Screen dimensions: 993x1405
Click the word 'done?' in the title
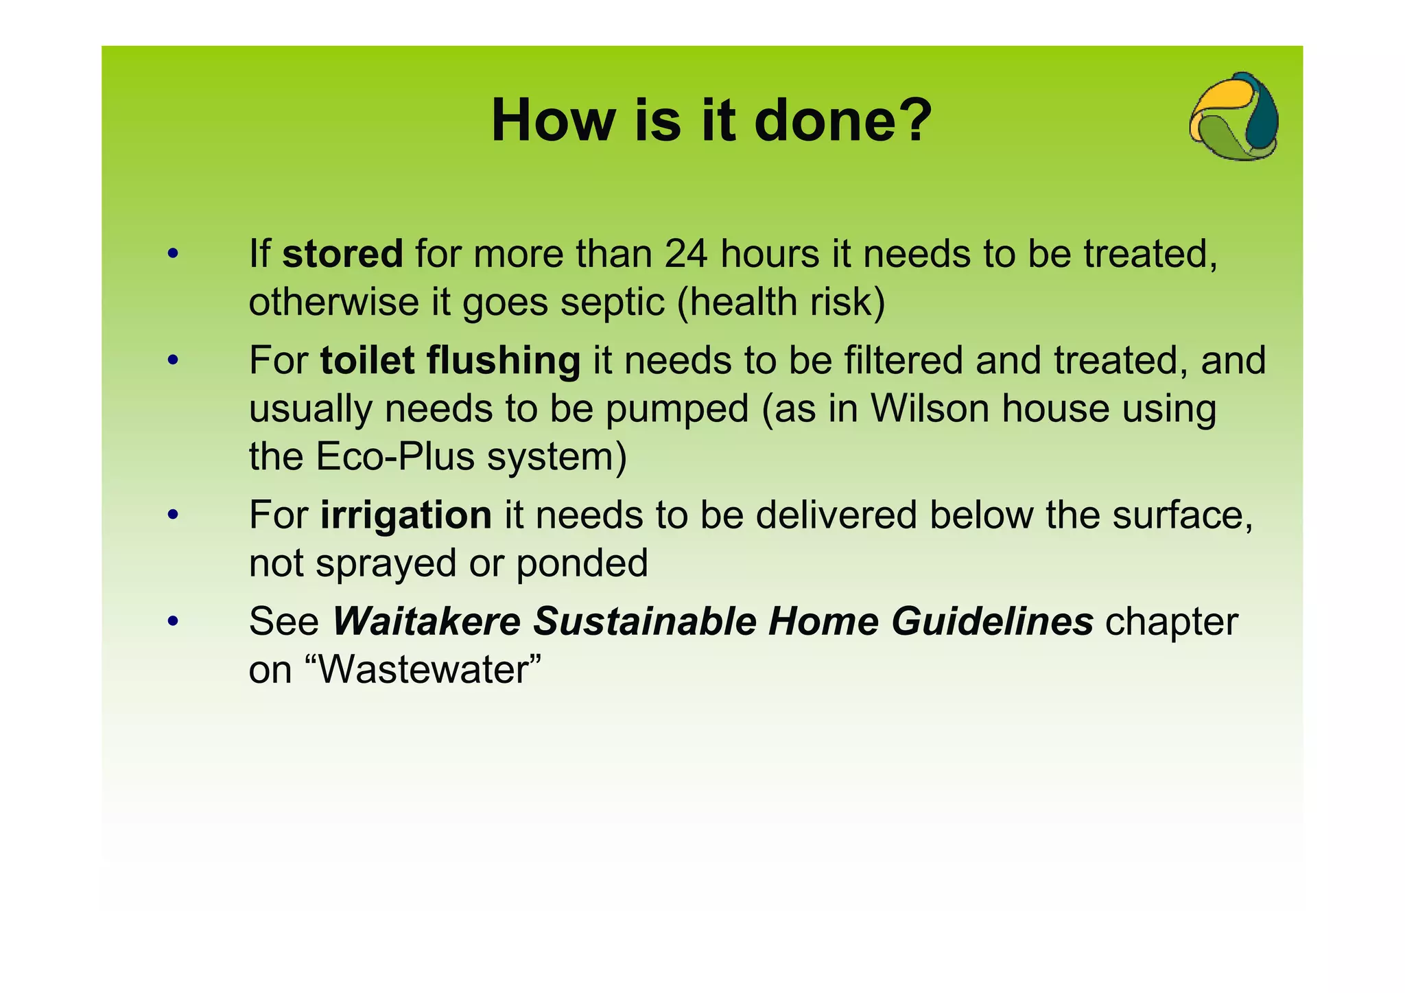pos(843,121)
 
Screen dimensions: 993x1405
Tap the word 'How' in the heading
pos(553,121)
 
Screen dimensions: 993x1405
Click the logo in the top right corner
pos(1234,117)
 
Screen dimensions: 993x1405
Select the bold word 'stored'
pos(342,254)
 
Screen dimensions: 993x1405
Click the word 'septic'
pos(613,302)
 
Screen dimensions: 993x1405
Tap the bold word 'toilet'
pos(367,361)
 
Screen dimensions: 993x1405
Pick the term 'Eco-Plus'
pos(395,456)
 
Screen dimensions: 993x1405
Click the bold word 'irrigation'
pos(405,515)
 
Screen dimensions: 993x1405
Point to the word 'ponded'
pos(582,563)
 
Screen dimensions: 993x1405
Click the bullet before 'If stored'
pos(173,254)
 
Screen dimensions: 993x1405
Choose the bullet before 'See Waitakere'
pos(173,621)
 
